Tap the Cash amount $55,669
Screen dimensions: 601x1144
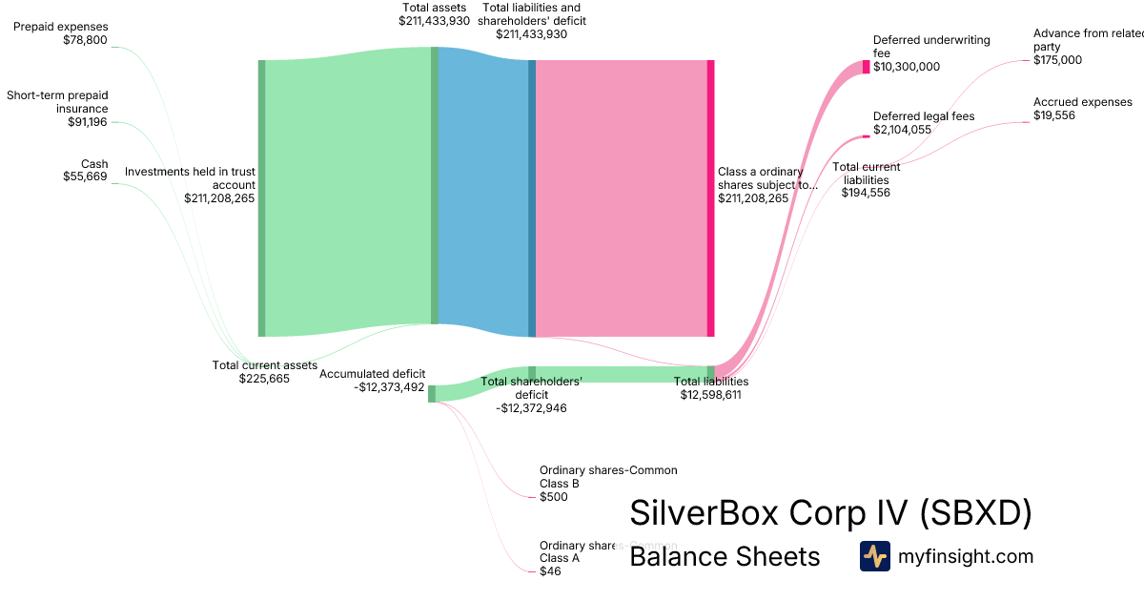[85, 176]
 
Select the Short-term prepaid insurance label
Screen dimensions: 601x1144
[57, 102]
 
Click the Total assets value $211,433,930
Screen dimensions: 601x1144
[434, 20]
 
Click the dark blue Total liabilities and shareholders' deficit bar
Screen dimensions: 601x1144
[532, 198]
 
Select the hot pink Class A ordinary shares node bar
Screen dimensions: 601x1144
[710, 198]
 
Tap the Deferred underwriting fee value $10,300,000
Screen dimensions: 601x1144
[907, 67]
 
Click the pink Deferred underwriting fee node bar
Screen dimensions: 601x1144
[866, 67]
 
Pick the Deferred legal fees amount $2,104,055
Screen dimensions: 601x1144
[902, 130]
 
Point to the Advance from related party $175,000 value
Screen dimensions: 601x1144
[1057, 60]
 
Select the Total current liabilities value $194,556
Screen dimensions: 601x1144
[866, 192]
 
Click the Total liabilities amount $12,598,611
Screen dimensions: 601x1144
[710, 394]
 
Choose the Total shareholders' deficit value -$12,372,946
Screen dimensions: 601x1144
[531, 407]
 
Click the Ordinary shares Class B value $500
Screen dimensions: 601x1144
[553, 497]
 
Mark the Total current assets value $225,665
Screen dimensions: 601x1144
[264, 378]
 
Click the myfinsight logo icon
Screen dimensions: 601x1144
[874, 556]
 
